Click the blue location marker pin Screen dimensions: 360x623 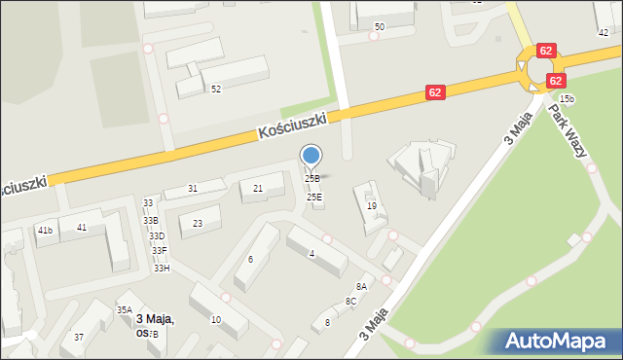[x=311, y=156]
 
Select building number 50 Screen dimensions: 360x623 [x=379, y=26]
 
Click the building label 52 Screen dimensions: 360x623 [x=216, y=89]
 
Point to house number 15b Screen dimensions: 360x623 [x=567, y=99]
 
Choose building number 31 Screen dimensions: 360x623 [x=193, y=188]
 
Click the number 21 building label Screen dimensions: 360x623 [x=258, y=188]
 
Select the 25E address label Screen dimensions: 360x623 [x=314, y=198]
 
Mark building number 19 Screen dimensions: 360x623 [x=372, y=205]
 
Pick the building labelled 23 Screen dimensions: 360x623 [x=198, y=224]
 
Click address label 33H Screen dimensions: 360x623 [x=161, y=268]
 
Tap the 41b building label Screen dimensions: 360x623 [x=45, y=231]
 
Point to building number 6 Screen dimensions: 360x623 [x=250, y=259]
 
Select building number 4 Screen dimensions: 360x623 [x=311, y=254]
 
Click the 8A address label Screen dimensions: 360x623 [x=361, y=286]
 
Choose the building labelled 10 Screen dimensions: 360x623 [x=215, y=319]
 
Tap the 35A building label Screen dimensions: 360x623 [x=125, y=309]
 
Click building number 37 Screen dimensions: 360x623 [x=79, y=337]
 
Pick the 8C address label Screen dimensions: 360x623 [x=350, y=302]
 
